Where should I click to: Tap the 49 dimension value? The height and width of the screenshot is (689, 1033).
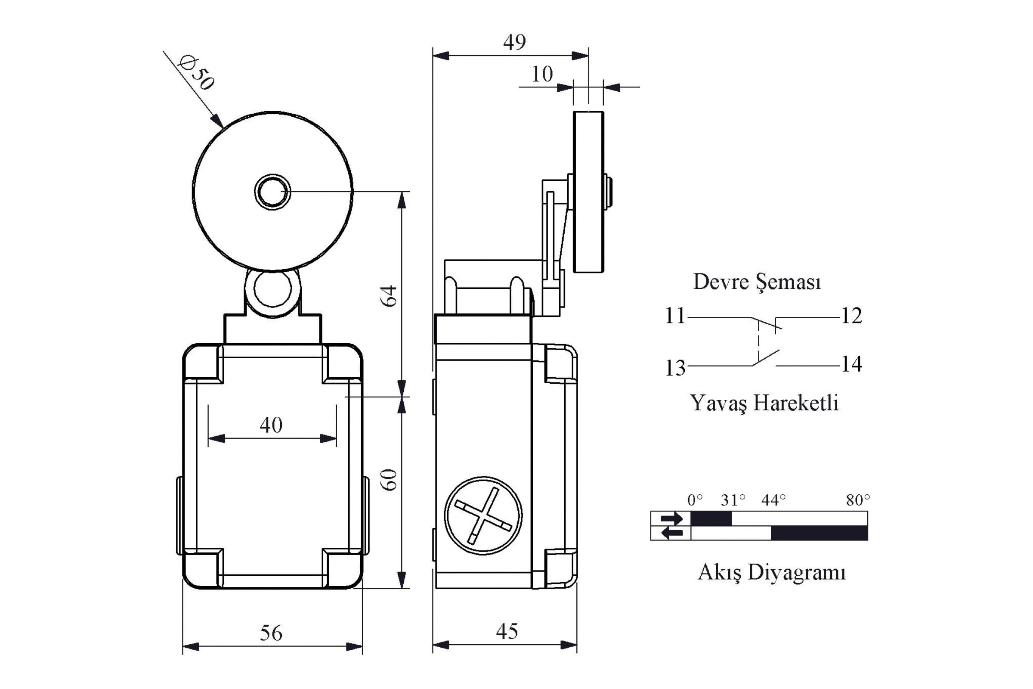click(514, 42)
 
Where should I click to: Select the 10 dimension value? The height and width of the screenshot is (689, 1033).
click(542, 74)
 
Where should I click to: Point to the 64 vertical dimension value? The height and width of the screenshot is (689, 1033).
click(389, 296)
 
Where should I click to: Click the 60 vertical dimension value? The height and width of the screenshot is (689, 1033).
click(389, 480)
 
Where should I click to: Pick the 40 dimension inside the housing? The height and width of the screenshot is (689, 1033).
click(271, 425)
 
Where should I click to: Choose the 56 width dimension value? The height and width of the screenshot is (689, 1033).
click(271, 633)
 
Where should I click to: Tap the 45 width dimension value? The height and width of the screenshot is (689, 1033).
click(507, 631)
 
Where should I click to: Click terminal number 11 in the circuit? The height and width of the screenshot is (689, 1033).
click(675, 316)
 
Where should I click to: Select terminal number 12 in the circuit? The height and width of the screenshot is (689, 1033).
click(852, 316)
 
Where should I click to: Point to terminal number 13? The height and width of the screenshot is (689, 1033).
click(675, 368)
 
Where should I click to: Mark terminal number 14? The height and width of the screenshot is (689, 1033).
click(852, 364)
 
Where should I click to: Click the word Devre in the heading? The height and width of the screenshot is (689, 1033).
click(720, 282)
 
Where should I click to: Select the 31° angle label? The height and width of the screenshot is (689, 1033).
click(733, 500)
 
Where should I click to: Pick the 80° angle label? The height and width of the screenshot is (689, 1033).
click(858, 500)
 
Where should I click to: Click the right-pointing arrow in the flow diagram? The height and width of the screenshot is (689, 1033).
click(671, 518)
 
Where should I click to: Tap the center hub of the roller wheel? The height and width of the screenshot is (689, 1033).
click(272, 192)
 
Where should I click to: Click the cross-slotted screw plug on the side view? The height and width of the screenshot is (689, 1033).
click(483, 515)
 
